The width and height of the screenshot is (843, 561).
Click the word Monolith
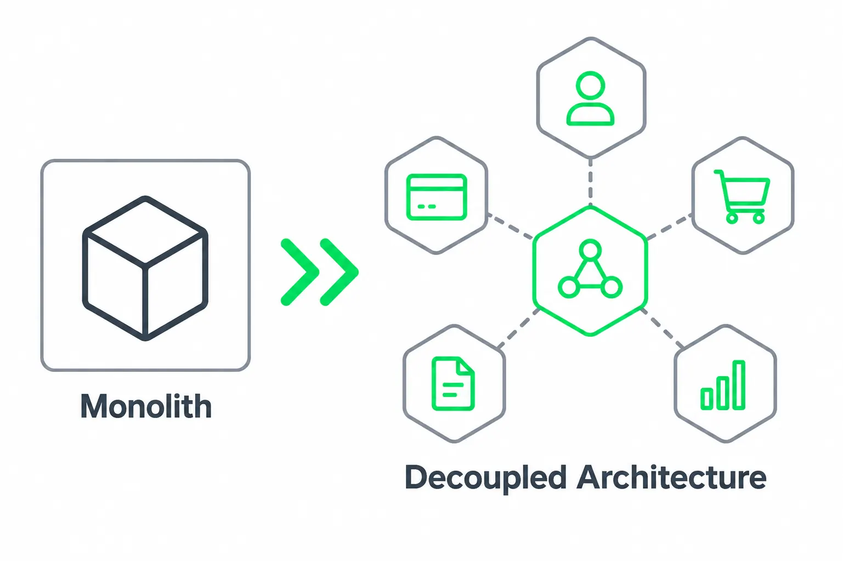click(x=146, y=406)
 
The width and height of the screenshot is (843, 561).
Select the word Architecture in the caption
click(x=672, y=477)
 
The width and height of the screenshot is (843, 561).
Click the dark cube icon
click(x=145, y=268)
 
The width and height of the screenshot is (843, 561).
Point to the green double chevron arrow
click(x=320, y=271)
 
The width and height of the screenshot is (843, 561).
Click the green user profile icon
click(x=590, y=98)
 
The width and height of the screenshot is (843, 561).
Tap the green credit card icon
click(x=437, y=197)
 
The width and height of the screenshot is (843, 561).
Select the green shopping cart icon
click(x=742, y=197)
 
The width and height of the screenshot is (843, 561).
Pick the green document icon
click(x=453, y=383)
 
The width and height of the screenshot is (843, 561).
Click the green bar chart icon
click(x=723, y=385)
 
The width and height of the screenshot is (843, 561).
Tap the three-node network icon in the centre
click(x=590, y=269)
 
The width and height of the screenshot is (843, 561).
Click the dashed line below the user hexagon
click(x=590, y=182)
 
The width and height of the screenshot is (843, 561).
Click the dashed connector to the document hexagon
click(x=518, y=328)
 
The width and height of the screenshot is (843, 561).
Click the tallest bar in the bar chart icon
click(x=739, y=384)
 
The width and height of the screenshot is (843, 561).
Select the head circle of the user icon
click(x=590, y=86)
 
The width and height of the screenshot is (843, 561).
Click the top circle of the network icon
click(x=590, y=250)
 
